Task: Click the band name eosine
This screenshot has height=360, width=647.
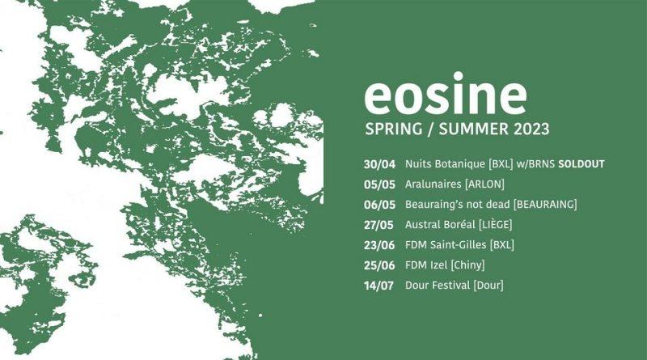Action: [x=446, y=94]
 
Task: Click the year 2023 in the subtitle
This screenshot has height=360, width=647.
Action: [x=531, y=129]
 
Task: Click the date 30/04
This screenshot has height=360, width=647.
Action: [x=379, y=164]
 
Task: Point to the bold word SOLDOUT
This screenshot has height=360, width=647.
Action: [x=581, y=164]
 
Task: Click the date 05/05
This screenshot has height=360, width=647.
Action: [x=379, y=184]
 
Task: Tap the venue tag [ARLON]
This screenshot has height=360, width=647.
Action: [x=484, y=184]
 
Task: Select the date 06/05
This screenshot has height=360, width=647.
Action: [x=379, y=205]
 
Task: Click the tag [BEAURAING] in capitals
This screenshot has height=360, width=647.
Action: [x=545, y=205]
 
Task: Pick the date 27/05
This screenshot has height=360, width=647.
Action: [x=378, y=225]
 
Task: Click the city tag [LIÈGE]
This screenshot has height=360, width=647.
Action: [x=495, y=224]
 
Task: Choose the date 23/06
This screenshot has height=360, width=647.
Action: [x=379, y=245]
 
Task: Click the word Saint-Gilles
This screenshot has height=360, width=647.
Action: [x=458, y=245]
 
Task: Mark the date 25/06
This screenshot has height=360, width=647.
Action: [x=379, y=265]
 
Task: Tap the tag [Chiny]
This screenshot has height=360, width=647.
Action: [x=467, y=265]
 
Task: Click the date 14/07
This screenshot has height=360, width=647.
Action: [x=378, y=286]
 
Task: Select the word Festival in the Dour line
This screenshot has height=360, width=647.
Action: [x=450, y=286]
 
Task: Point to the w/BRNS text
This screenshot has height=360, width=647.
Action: [x=535, y=164]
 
